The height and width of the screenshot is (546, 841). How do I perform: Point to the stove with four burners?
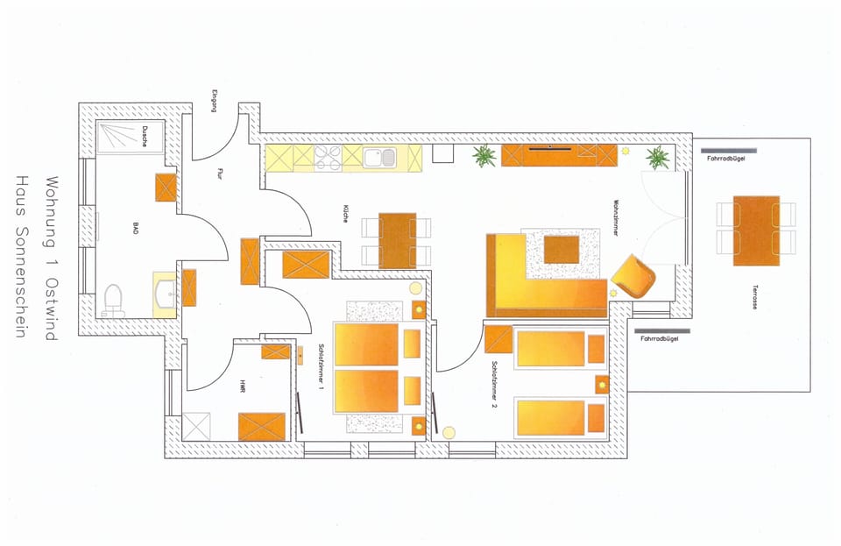tap(328, 158)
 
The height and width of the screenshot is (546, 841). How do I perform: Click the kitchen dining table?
tap(397, 240)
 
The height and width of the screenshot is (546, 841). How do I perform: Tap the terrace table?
tap(756, 230)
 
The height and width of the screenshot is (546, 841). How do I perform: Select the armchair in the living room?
tap(633, 278)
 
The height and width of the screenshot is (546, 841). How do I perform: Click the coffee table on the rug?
tap(562, 250)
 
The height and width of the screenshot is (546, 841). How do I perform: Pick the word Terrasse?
tap(753, 298)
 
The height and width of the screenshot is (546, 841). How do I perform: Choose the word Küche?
tap(347, 216)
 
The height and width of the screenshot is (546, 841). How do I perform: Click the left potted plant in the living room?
tap(483, 158)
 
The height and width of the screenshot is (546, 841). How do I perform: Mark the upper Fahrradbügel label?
tap(725, 159)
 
